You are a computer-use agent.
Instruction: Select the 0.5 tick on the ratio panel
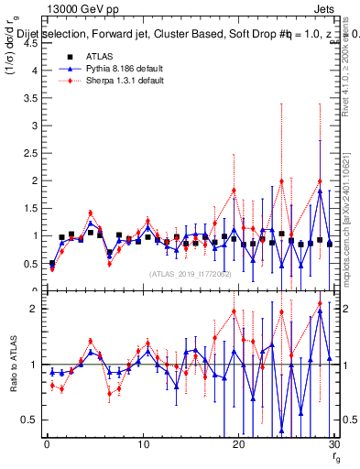29,420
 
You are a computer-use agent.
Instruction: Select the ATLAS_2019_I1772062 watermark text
189,274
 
